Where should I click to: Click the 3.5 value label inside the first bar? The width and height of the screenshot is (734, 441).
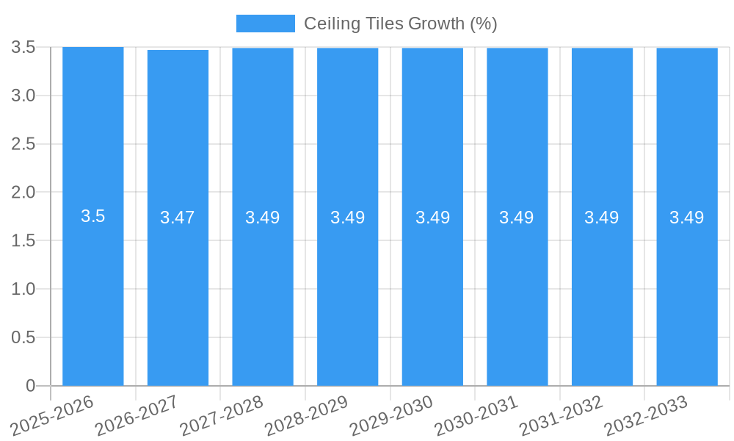tap(93, 216)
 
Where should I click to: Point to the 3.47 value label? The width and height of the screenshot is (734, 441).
tap(178, 218)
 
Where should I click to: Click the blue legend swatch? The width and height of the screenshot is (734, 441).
tap(265, 24)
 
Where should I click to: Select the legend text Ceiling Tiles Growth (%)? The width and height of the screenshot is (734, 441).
tap(400, 24)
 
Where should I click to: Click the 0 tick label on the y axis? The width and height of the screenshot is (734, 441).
tap(30, 386)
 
